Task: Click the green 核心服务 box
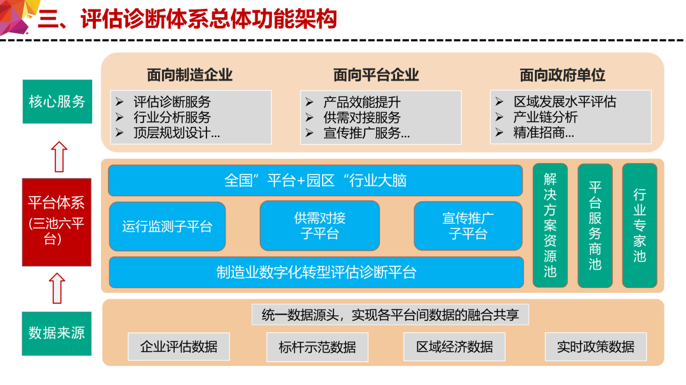(57, 101)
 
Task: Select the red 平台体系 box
(57, 222)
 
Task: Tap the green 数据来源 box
(57, 334)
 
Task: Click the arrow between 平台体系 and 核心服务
(59, 157)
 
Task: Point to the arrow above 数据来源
(57, 289)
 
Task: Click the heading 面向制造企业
(189, 75)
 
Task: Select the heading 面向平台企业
(376, 75)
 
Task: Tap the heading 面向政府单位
(562, 75)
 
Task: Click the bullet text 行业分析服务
(172, 117)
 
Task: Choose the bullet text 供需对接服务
(362, 117)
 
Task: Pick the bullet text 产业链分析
(545, 117)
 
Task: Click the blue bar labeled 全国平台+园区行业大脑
(316, 180)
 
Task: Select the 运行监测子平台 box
(168, 226)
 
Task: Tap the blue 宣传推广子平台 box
(468, 226)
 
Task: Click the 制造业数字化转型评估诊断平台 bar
(316, 272)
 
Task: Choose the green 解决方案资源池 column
(550, 226)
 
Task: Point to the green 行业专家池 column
(640, 226)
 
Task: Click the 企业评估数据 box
(179, 346)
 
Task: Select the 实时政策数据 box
(595, 346)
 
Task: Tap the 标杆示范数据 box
(317, 347)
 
